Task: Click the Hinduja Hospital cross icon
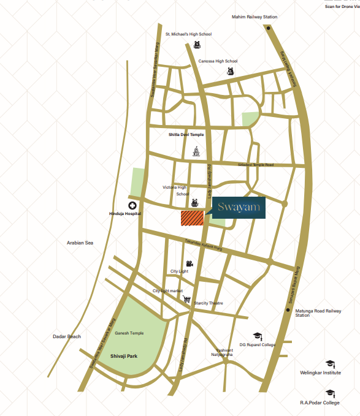pos(131,205)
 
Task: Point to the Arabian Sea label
pos(80,243)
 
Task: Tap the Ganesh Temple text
pos(129,333)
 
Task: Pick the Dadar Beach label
pos(66,336)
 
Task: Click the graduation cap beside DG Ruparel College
pos(258,336)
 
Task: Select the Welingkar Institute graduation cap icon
pos(330,364)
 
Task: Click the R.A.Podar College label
pos(319,403)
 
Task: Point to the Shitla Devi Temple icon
pos(196,151)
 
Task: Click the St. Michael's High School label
pos(188,34)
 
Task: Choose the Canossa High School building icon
pos(231,71)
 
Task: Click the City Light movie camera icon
pos(190,264)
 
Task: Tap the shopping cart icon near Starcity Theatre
pos(186,300)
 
